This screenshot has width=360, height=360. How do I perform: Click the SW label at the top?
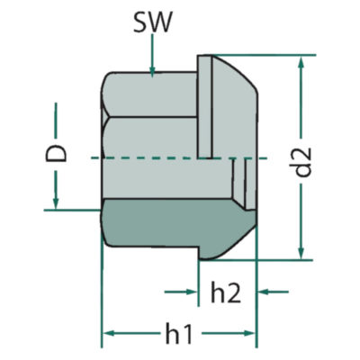tap(153, 23)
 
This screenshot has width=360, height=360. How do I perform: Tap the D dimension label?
tap(56, 154)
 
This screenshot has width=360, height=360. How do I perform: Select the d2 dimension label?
tap(302, 162)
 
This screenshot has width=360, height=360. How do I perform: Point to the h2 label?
tap(226, 292)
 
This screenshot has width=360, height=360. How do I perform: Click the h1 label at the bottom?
tap(179, 333)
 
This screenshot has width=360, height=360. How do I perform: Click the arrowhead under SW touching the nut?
tap(152, 73)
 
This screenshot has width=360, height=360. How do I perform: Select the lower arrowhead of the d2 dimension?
tap(301, 254)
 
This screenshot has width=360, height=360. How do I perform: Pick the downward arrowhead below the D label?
tap(56, 203)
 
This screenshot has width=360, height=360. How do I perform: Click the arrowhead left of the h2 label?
tap(192, 292)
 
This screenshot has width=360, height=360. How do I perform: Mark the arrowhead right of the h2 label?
tap(264, 292)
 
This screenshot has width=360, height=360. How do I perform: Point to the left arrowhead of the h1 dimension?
tap(109, 333)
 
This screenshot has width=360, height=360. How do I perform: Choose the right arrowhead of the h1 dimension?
tap(250, 333)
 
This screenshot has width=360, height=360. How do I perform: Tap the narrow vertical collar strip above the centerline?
tap(205, 107)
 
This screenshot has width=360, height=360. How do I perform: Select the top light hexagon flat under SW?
tap(150, 94)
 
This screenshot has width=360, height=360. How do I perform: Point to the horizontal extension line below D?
tap(72, 210)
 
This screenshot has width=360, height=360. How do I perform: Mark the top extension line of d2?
tap(264, 55)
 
